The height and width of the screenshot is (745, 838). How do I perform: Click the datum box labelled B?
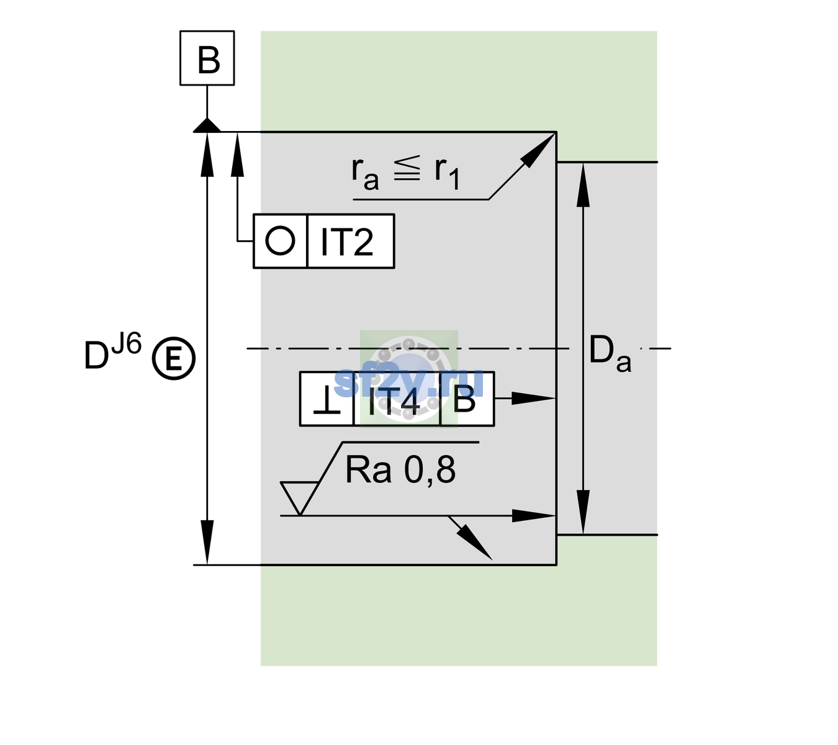(207, 58)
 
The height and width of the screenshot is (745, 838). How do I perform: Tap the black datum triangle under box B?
(207, 125)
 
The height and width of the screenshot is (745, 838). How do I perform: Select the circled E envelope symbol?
(174, 359)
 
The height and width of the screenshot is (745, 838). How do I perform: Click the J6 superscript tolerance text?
(127, 343)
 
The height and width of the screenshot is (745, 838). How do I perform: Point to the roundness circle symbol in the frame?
(280, 241)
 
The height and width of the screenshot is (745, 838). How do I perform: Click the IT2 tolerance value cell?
(351, 241)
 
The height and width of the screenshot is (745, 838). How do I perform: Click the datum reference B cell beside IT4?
(467, 399)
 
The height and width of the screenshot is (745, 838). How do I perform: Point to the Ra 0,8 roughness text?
(400, 469)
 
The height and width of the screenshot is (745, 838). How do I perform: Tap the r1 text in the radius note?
(447, 173)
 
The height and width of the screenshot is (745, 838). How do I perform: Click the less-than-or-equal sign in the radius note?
(407, 168)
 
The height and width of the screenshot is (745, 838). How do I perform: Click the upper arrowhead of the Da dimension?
(583, 185)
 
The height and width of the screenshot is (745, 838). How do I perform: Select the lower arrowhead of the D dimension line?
(207, 542)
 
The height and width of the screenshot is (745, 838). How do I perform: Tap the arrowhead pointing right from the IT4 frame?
(534, 399)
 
